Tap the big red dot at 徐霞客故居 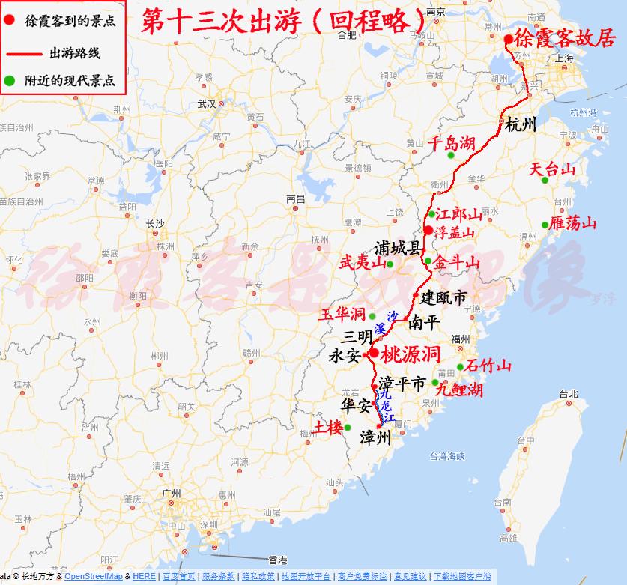[509, 39]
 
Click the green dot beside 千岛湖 [451, 156]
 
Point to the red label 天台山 [552, 169]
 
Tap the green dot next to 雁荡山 [545, 225]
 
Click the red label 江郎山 [455, 215]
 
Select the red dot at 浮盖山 [428, 230]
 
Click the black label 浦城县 [398, 249]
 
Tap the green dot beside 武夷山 [390, 264]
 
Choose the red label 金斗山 [457, 262]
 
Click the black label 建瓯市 [443, 297]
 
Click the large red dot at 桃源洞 [374, 353]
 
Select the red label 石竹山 [488, 366]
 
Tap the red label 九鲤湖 [458, 390]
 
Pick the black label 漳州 [376, 437]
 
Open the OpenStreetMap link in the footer [93, 576]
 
